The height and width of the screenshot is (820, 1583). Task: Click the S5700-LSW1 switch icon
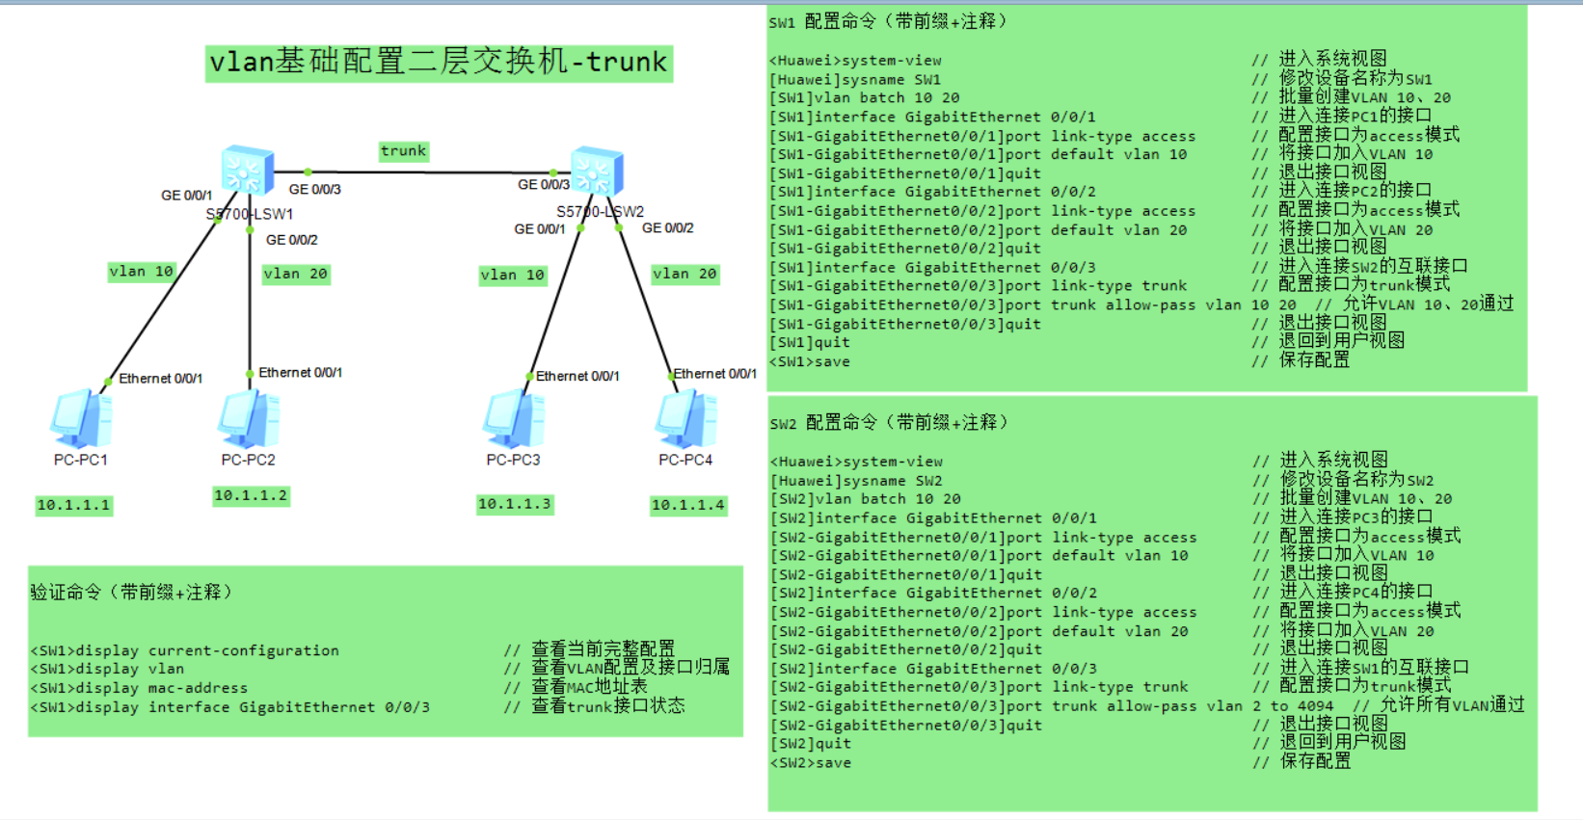point(247,172)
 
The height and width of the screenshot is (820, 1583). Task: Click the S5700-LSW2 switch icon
point(597,172)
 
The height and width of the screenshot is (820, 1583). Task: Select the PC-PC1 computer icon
point(81,420)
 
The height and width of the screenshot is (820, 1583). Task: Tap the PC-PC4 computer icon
point(685,420)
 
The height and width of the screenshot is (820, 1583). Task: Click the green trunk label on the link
point(403,151)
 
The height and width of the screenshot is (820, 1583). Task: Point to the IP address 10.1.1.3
point(514,504)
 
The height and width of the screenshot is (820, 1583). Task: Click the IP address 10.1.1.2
point(251,495)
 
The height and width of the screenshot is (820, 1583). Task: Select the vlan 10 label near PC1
point(141,272)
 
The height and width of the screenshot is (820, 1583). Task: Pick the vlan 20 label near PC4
point(684,274)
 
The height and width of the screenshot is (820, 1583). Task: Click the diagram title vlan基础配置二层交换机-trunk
point(439,63)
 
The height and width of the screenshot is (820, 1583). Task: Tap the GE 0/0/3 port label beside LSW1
point(314,190)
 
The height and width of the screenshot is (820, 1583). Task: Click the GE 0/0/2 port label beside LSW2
point(667,228)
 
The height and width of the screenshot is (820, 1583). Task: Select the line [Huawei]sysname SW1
point(854,80)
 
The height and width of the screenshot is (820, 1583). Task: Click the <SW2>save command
point(810,763)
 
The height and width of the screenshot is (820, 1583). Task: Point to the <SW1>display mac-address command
point(139,688)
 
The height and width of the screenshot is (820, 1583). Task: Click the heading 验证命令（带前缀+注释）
point(131,593)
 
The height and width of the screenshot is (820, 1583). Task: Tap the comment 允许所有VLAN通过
point(1452,705)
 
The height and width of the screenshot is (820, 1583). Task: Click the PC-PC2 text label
point(248,461)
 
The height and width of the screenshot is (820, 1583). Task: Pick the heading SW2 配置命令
point(887,423)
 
